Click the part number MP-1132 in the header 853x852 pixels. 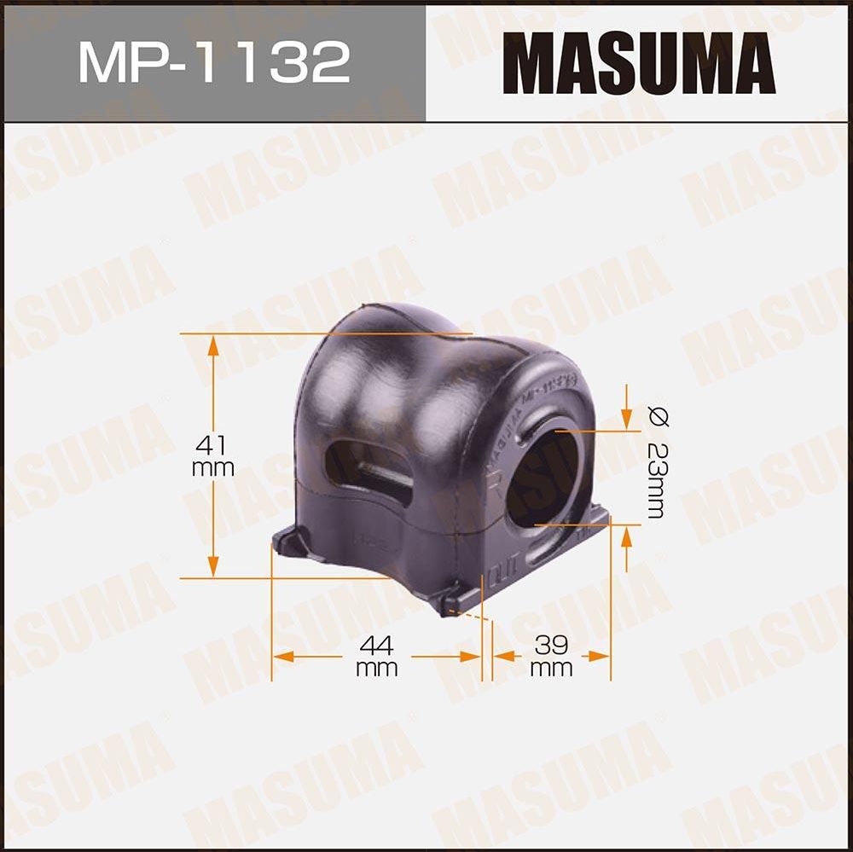point(214,62)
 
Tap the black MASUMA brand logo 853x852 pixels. point(639,62)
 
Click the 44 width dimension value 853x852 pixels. point(376,644)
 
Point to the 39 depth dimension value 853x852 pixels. point(551,644)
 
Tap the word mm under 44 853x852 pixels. point(376,668)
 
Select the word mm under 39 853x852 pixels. point(551,668)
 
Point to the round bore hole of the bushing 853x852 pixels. point(544,478)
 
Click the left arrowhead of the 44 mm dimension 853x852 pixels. point(280,657)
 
